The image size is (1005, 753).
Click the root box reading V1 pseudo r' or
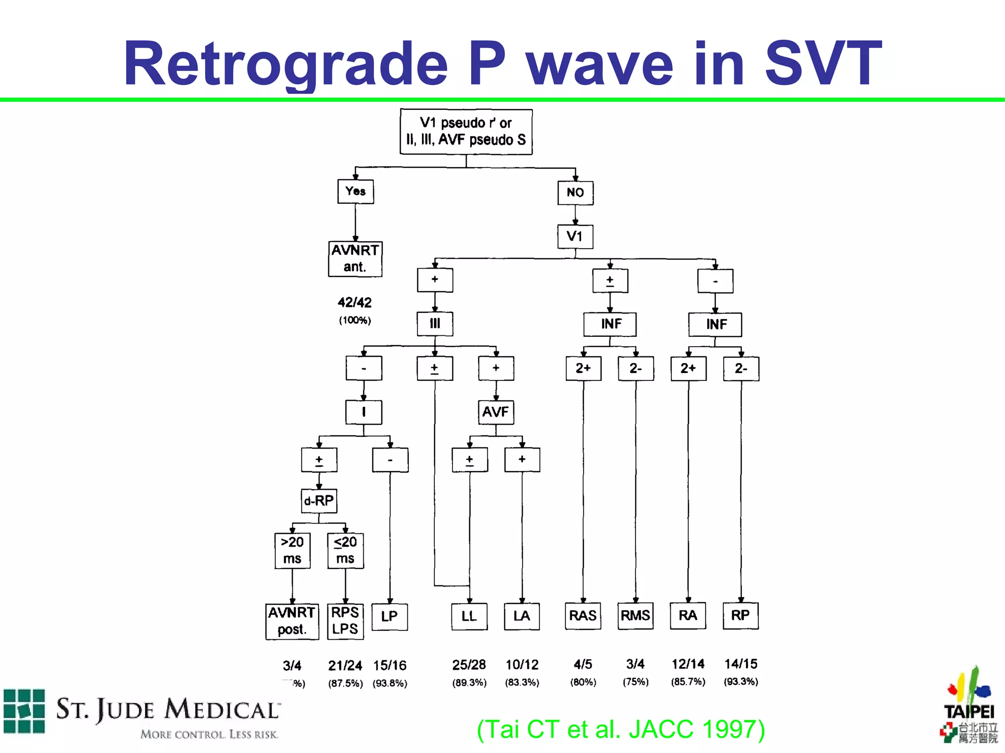coord(466,131)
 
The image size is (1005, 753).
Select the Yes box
coord(355,191)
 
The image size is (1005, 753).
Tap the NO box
coord(575,192)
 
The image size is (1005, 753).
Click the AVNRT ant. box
coord(355,258)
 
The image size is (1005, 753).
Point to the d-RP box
coord(319,501)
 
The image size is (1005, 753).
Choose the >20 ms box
coord(292,550)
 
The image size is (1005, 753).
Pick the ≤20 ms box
coord(345,550)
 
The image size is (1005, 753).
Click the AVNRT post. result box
coord(292,621)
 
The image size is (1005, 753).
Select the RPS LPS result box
coord(345,621)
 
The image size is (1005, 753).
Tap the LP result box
coord(390,616)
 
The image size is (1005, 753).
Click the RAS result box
coord(582,615)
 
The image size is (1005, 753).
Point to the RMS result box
coord(635,615)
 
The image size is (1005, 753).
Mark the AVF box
coord(496,412)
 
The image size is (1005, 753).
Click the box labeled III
coord(435,324)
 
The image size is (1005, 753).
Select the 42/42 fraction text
coord(354,302)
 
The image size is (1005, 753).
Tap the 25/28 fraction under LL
coord(469,665)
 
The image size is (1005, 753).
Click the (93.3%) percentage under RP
coord(741,681)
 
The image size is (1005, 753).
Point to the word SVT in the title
coord(823,64)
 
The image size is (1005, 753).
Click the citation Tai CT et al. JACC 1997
coord(621,729)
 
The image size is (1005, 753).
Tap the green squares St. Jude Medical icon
coord(24,711)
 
